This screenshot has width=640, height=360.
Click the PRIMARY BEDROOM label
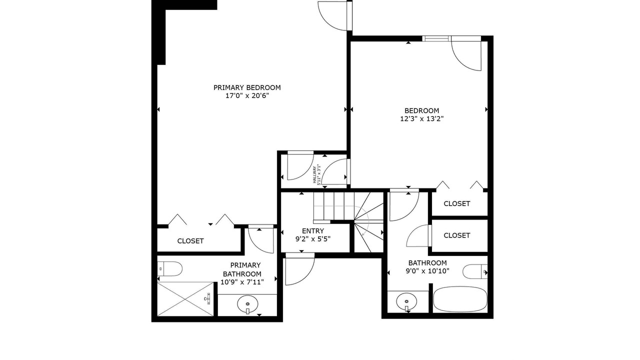(x=247, y=87)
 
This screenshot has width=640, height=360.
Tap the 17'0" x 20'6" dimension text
(x=247, y=95)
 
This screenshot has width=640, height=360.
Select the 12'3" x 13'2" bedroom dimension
(x=421, y=119)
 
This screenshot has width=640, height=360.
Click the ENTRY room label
(x=313, y=231)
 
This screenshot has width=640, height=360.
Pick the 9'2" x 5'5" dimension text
(x=313, y=239)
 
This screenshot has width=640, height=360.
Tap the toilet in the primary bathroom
(x=169, y=269)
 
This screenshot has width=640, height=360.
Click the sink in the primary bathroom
(x=247, y=304)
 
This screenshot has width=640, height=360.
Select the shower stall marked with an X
(x=185, y=299)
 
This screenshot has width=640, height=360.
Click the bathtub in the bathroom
(x=460, y=299)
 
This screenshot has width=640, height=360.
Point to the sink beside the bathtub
(x=406, y=301)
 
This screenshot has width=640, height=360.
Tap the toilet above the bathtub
(x=475, y=271)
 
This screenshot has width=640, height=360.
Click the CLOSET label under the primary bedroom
(x=190, y=241)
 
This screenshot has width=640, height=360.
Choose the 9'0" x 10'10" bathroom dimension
(x=427, y=271)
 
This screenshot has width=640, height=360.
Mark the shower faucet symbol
(x=207, y=298)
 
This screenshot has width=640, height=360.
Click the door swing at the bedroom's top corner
(x=466, y=53)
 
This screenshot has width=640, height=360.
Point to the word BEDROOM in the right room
(x=421, y=111)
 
